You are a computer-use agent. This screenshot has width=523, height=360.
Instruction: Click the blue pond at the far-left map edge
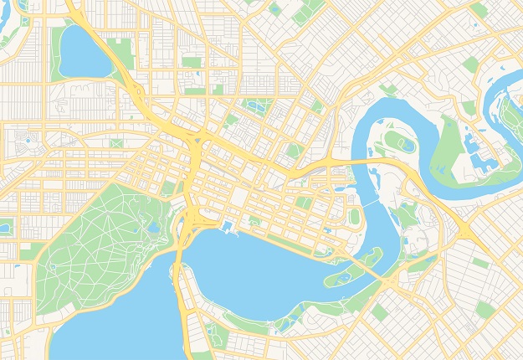click(x=4, y=227)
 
